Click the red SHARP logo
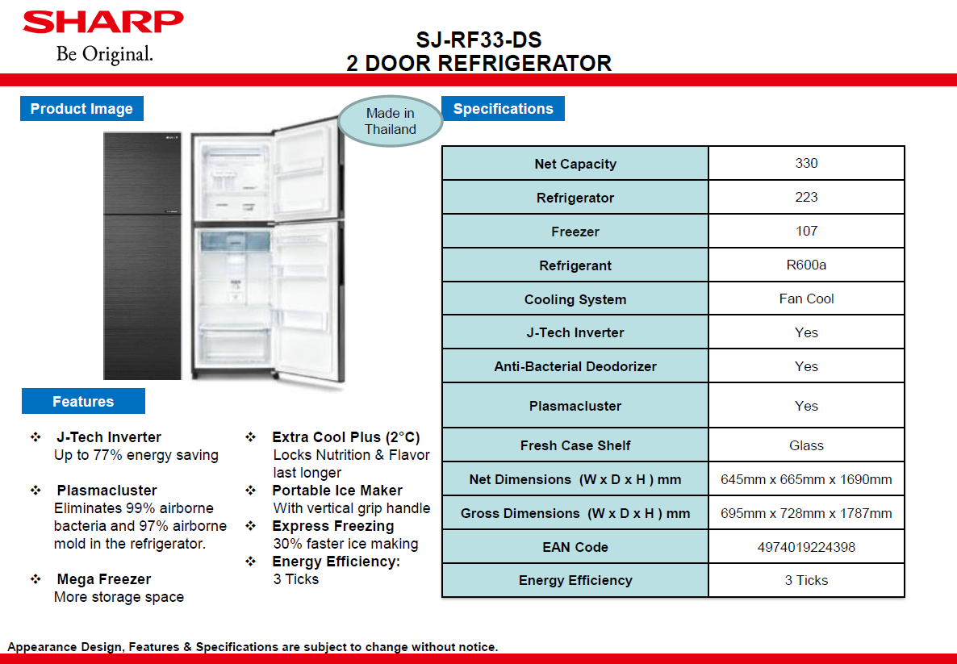pyautogui.click(x=103, y=22)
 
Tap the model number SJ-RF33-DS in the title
pyautogui.click(x=478, y=40)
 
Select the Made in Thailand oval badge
pyautogui.click(x=390, y=121)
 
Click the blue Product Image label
pyautogui.click(x=81, y=109)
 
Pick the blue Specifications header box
pyautogui.click(x=503, y=109)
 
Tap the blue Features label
pyautogui.click(x=83, y=401)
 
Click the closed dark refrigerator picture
pyautogui.click(x=142, y=256)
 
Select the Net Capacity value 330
pyautogui.click(x=806, y=163)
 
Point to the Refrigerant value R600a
pyautogui.click(x=806, y=265)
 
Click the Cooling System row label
pyautogui.click(x=575, y=299)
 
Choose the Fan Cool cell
pyautogui.click(x=806, y=299)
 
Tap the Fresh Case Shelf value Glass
pyautogui.click(x=806, y=445)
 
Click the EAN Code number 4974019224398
pyautogui.click(x=806, y=547)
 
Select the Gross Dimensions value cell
pyautogui.click(x=806, y=512)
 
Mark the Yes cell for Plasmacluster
pyautogui.click(x=806, y=405)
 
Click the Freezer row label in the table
pyautogui.click(x=575, y=232)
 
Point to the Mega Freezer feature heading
pyautogui.click(x=104, y=578)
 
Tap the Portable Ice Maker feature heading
pyautogui.click(x=337, y=490)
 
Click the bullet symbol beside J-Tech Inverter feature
pyautogui.click(x=36, y=437)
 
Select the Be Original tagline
pyautogui.click(x=104, y=54)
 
